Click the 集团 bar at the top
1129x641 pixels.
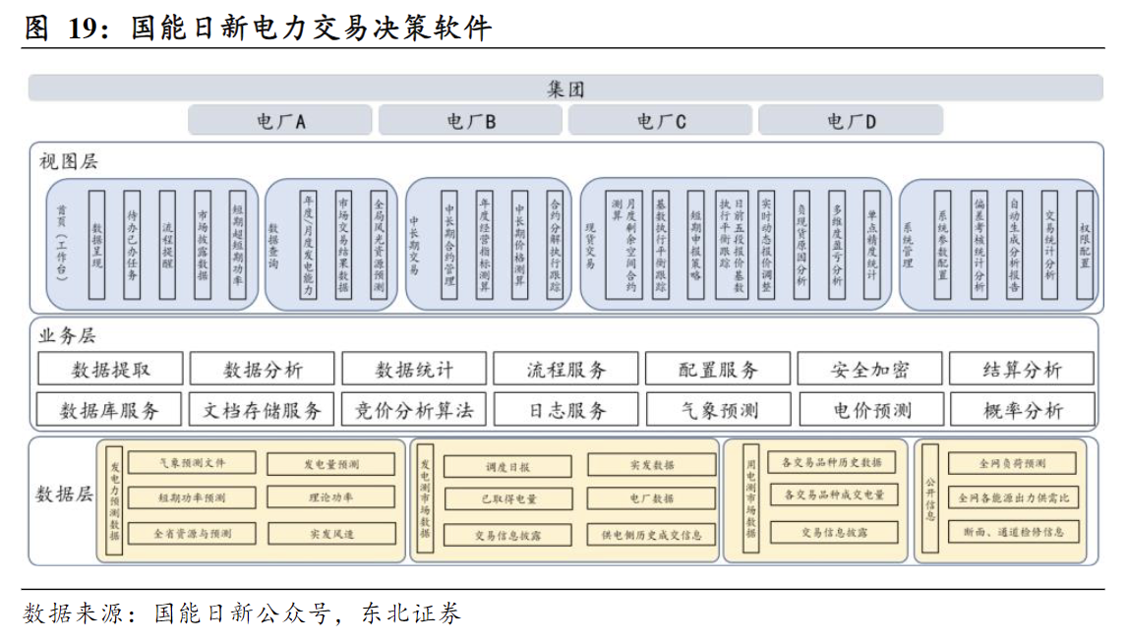pyautogui.click(x=564, y=88)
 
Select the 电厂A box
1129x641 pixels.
pyautogui.click(x=280, y=121)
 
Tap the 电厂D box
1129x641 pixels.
pyautogui.click(x=851, y=121)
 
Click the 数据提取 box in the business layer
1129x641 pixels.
pyautogui.click(x=111, y=370)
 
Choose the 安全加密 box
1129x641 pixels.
pyautogui.click(x=869, y=370)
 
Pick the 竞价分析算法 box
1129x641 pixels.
pyautogui.click(x=414, y=410)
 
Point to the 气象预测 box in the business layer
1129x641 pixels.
pyautogui.click(x=718, y=410)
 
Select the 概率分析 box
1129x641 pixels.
pyautogui.click(x=1023, y=410)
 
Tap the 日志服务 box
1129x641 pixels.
pyautogui.click(x=566, y=410)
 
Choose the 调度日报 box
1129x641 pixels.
pyautogui.click(x=506, y=465)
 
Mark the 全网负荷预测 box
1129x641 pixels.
pyautogui.click(x=1013, y=463)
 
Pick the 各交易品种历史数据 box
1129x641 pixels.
pyautogui.click(x=831, y=462)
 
